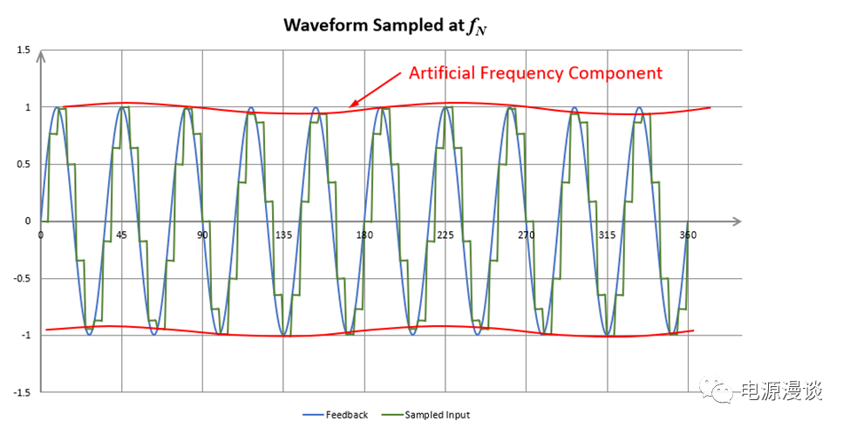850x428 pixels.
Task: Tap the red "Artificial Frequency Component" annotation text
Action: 535,73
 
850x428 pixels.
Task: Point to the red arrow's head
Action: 351,106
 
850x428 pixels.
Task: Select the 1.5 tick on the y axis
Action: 24,51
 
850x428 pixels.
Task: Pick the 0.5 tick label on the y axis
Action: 24,165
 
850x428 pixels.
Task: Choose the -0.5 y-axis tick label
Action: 22,279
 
